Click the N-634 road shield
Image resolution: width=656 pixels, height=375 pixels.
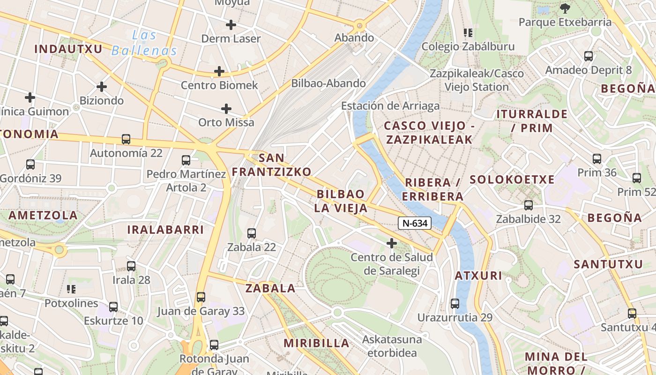415,224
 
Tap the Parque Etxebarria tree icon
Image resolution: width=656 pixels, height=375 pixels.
565,8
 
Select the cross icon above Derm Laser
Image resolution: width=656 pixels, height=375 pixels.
231,24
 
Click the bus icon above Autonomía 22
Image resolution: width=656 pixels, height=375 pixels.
126,139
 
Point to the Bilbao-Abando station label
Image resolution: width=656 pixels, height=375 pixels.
328,83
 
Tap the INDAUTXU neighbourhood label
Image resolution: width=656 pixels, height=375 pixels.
68,49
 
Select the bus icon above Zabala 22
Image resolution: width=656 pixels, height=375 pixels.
252,233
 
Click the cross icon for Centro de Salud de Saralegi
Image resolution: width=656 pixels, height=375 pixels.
392,243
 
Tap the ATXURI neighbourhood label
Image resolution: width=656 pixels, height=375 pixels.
478,276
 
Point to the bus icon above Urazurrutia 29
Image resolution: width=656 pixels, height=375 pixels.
455,303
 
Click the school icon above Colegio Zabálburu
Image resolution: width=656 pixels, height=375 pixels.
468,33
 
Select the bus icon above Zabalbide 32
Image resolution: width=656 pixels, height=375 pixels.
529,205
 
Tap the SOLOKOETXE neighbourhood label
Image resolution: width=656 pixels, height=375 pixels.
512,180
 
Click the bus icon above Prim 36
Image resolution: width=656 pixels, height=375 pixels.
597,159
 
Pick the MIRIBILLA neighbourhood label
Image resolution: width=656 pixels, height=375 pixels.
316,343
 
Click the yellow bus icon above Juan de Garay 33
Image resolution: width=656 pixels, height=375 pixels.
201,297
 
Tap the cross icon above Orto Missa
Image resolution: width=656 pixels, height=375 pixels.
226,109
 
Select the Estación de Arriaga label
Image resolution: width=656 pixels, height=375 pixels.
390,106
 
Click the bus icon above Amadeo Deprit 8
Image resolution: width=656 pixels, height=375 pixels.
589,56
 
